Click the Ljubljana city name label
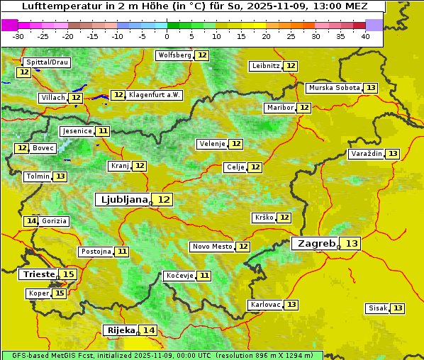123,200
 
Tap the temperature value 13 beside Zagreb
352,244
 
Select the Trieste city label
39,274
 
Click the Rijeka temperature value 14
148,330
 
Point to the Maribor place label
279,108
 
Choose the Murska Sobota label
334,88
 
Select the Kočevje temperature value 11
204,276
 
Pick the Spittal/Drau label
47,62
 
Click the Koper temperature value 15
60,293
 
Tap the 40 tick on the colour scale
365,36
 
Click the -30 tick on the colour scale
18,36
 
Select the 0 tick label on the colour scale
167,36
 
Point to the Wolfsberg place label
174,55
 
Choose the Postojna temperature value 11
122,252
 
